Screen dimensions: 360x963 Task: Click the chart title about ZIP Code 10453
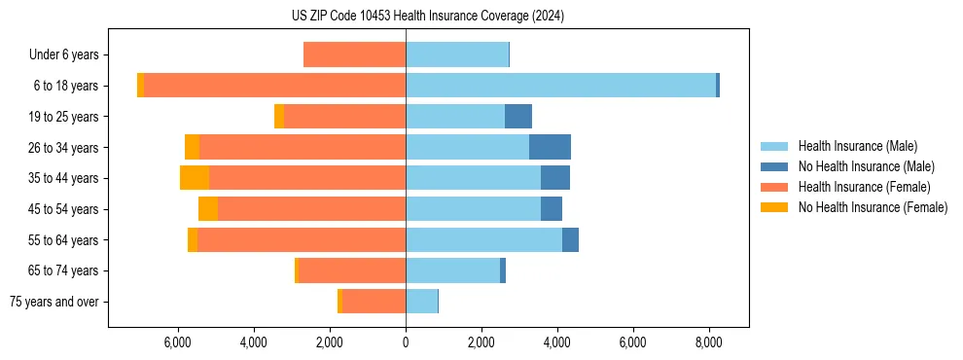tap(427, 17)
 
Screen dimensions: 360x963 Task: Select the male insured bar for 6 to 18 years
tap(560, 86)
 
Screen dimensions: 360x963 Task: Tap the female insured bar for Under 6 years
tap(354, 54)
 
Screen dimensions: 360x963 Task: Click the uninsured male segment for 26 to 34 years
tap(550, 147)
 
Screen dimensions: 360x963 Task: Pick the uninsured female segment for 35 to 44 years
tap(195, 178)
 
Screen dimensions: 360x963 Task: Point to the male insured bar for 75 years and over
tap(421, 302)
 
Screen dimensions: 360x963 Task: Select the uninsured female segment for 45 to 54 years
tap(208, 209)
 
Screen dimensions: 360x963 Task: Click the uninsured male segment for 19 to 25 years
tap(518, 117)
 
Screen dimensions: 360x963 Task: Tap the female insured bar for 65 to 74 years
tap(352, 270)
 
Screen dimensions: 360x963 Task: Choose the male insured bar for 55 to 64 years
tap(483, 239)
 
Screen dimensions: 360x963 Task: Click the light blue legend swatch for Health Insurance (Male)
tap(774, 146)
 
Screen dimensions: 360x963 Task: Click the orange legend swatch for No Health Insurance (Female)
tap(774, 207)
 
